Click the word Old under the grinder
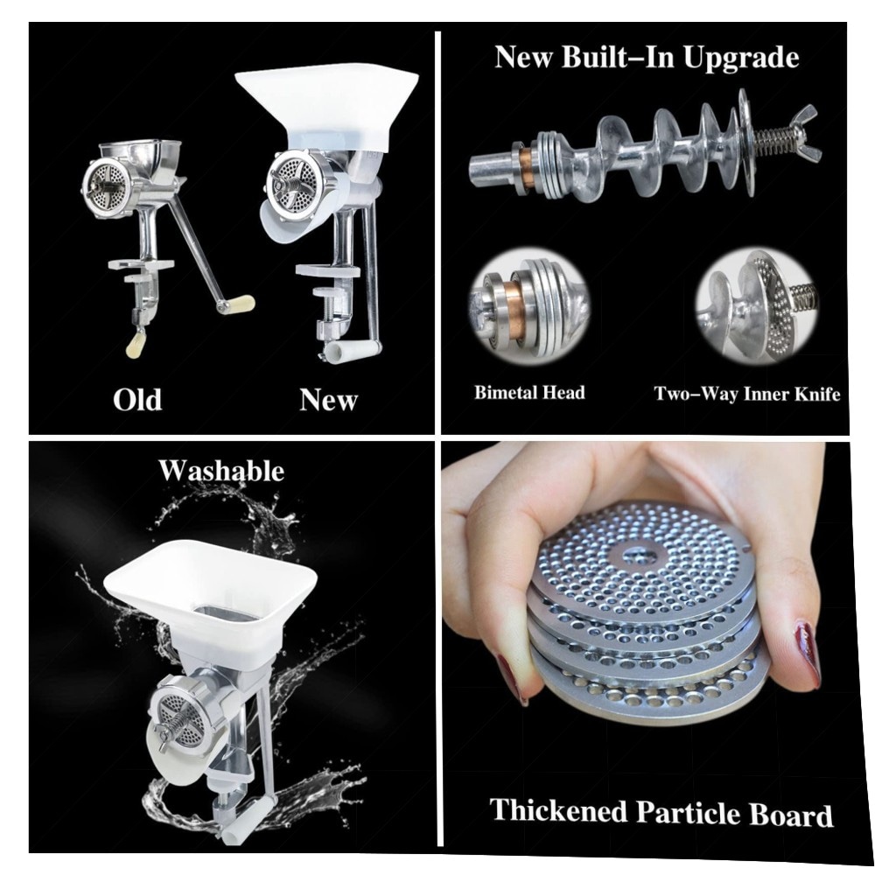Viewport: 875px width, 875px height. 137,400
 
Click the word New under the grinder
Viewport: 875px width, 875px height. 328,400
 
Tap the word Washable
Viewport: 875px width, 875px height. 221,471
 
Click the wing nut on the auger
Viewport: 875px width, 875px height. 801,134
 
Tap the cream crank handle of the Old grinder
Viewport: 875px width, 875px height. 236,304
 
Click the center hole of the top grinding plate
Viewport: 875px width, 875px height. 640,554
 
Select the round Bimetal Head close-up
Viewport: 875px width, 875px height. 529,305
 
